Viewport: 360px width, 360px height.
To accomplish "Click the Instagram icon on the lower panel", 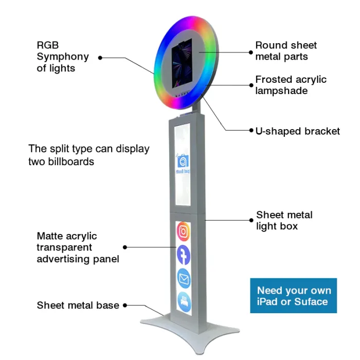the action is pos(183,231).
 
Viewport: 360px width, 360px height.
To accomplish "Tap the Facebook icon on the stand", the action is pos(184,255).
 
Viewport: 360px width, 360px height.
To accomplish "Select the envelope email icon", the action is pos(184,278).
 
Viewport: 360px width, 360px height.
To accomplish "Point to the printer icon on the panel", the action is pos(184,302).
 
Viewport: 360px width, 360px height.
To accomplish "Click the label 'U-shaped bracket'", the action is pos(298,131).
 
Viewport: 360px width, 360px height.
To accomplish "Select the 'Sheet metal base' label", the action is pos(78,305).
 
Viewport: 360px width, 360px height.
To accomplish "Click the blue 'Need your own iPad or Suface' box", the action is pos(294,296).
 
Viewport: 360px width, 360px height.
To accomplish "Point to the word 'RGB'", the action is pos(48,45).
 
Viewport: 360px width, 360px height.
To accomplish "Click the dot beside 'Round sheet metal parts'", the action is pos(251,52).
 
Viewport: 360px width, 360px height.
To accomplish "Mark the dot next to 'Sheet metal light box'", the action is pos(251,220).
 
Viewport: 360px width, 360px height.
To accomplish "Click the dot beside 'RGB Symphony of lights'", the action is pos(100,58).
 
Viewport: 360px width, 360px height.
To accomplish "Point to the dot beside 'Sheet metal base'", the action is pos(125,305).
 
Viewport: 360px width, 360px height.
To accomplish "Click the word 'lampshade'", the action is pos(281,91).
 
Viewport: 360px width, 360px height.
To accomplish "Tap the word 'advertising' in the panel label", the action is pos(63,259).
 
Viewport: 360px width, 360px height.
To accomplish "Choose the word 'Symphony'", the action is pos(63,57).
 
